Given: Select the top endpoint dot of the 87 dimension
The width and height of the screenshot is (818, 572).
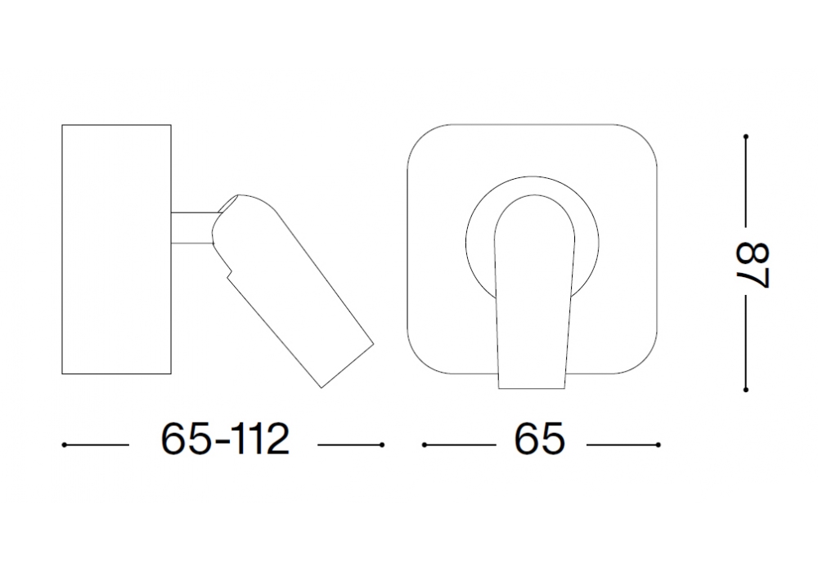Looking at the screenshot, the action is tap(746, 136).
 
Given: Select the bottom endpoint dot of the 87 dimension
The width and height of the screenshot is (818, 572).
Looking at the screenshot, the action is tap(746, 389).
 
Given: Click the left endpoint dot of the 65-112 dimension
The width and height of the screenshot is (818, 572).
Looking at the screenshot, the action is tap(64, 445).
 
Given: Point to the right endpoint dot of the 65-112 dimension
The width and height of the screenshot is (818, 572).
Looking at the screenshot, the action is tap(382, 445).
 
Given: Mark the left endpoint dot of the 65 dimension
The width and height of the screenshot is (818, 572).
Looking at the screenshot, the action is tap(425, 445).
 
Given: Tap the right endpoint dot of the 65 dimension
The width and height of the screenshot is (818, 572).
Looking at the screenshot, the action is tap(658, 445).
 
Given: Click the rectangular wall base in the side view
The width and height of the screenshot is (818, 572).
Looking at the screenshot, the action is tap(116, 249).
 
